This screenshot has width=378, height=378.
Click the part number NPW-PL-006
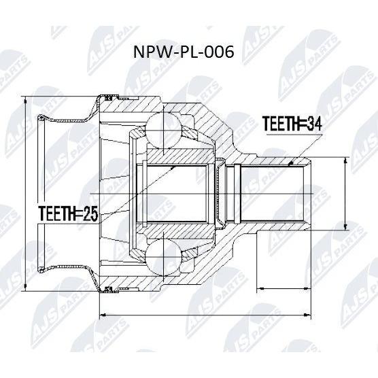pyautogui.click(x=184, y=52)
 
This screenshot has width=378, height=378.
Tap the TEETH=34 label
pyautogui.click(x=292, y=124)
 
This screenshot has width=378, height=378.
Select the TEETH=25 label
pyautogui.click(x=69, y=213)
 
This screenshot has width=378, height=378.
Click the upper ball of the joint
pyautogui.click(x=163, y=130)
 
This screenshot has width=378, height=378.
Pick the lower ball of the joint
pyautogui.click(x=163, y=257)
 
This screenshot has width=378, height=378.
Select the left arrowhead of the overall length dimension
pyautogui.click(x=103, y=315)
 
